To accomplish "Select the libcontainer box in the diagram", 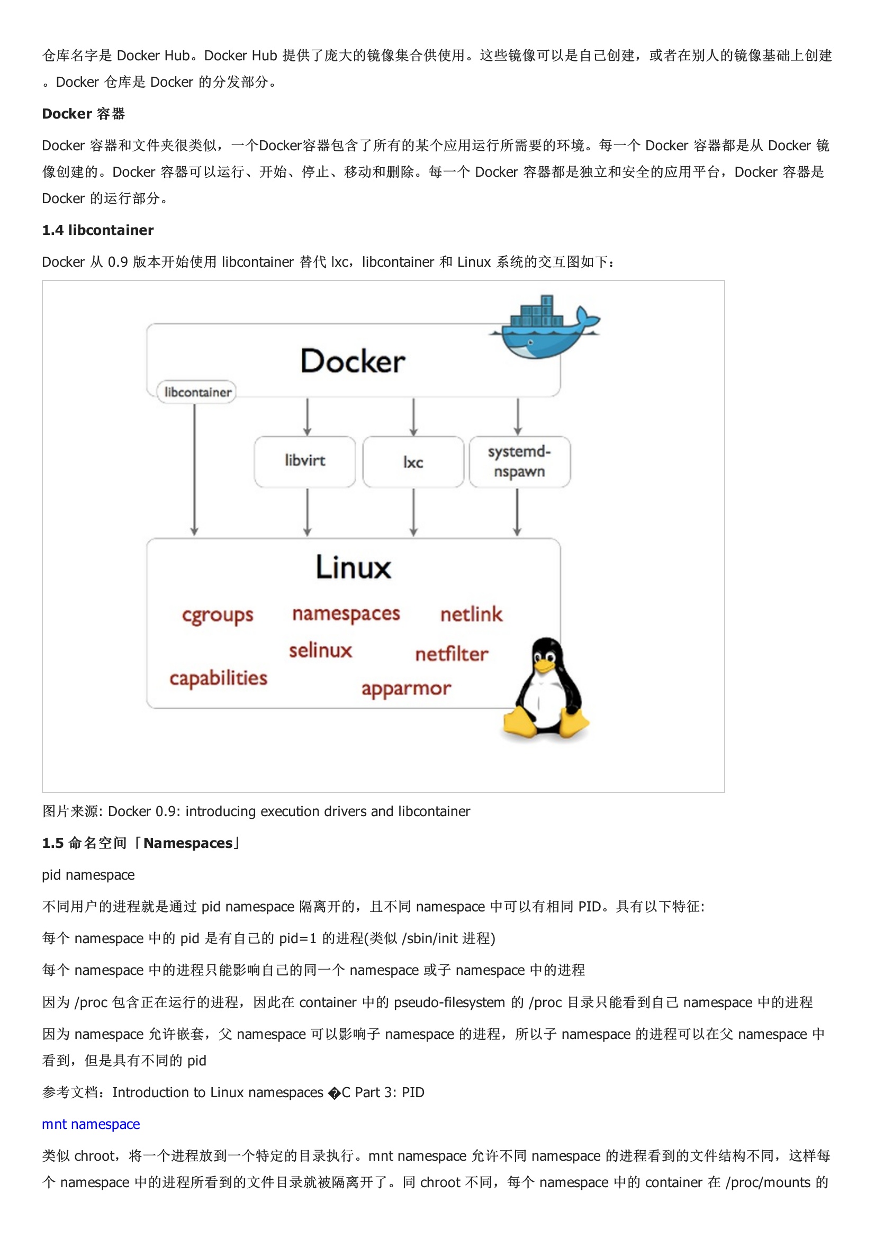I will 197,392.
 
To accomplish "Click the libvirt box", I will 305,462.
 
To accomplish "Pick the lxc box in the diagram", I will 413,462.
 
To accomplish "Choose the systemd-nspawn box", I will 519,462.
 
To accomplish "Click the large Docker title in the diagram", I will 353,362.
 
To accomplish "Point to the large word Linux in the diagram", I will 353,567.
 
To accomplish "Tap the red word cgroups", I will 217,615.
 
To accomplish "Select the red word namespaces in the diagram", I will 346,613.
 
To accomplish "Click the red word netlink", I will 471,614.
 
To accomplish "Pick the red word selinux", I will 320,651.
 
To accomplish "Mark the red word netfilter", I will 452,654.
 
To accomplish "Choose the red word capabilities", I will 218,678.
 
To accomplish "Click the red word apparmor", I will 406,689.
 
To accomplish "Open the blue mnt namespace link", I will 91,1124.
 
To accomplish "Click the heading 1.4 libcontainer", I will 97,230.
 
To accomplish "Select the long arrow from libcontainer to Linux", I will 195,469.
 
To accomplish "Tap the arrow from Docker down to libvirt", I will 308,417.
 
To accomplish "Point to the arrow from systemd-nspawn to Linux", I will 517,512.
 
